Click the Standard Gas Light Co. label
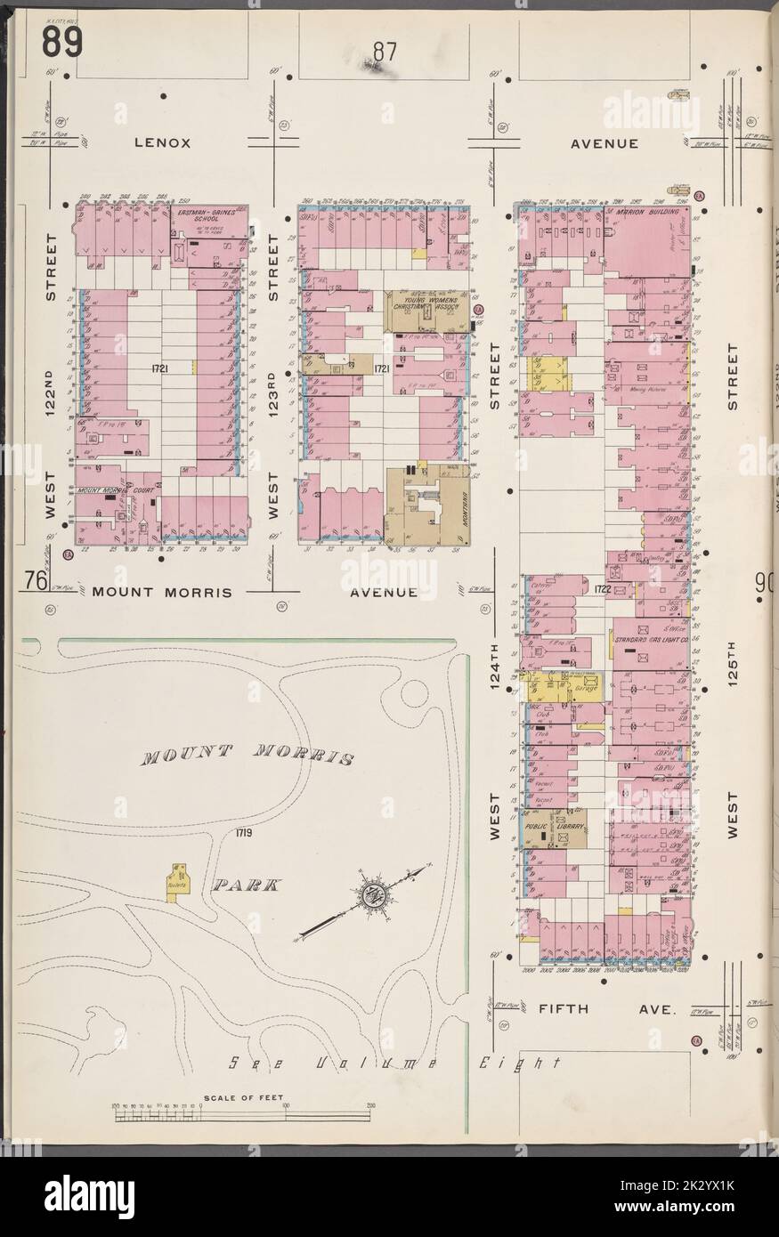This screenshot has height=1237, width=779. [x=651, y=639]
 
